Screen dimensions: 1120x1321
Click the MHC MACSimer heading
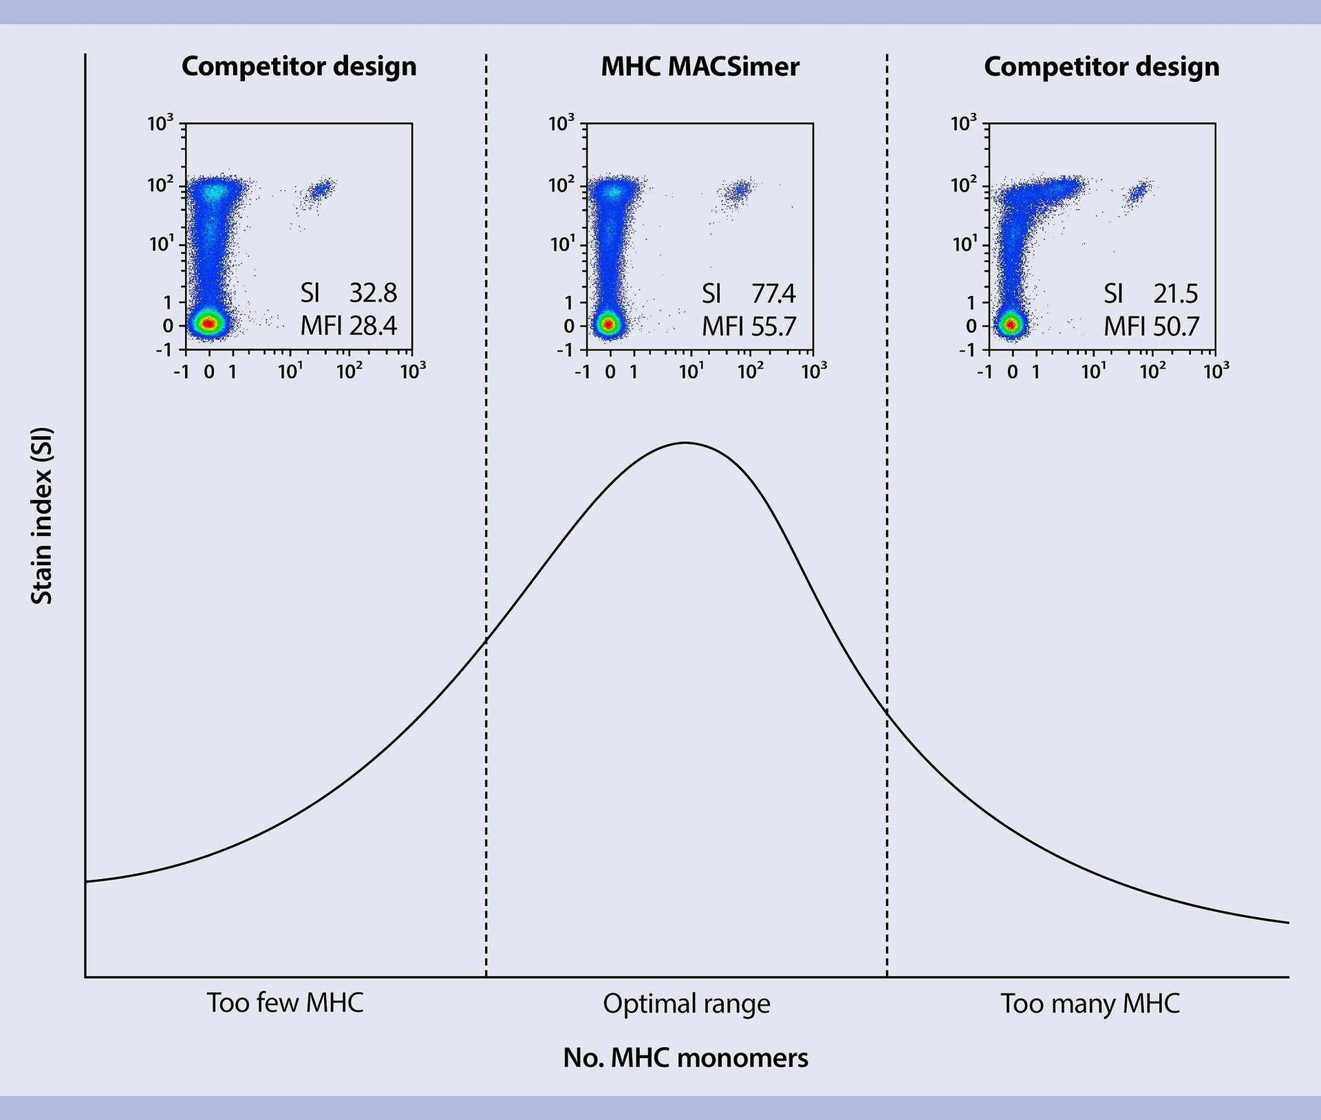(700, 67)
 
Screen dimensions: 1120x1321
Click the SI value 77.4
(773, 294)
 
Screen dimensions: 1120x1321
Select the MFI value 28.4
(372, 325)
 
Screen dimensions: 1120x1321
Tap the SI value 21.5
(1175, 294)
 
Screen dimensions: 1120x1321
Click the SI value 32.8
(372, 294)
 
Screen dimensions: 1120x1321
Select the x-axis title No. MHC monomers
(685, 1057)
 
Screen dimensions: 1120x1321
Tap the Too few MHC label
(285, 1003)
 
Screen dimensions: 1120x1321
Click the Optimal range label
(686, 1004)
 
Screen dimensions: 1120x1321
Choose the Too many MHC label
(1090, 1004)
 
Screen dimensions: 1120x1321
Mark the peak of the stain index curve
(685, 442)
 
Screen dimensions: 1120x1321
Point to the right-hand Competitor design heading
(1101, 67)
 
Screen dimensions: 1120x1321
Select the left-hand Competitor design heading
(299, 67)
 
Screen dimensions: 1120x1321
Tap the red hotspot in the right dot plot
(1010, 323)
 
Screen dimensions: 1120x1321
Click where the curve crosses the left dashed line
(486, 640)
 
